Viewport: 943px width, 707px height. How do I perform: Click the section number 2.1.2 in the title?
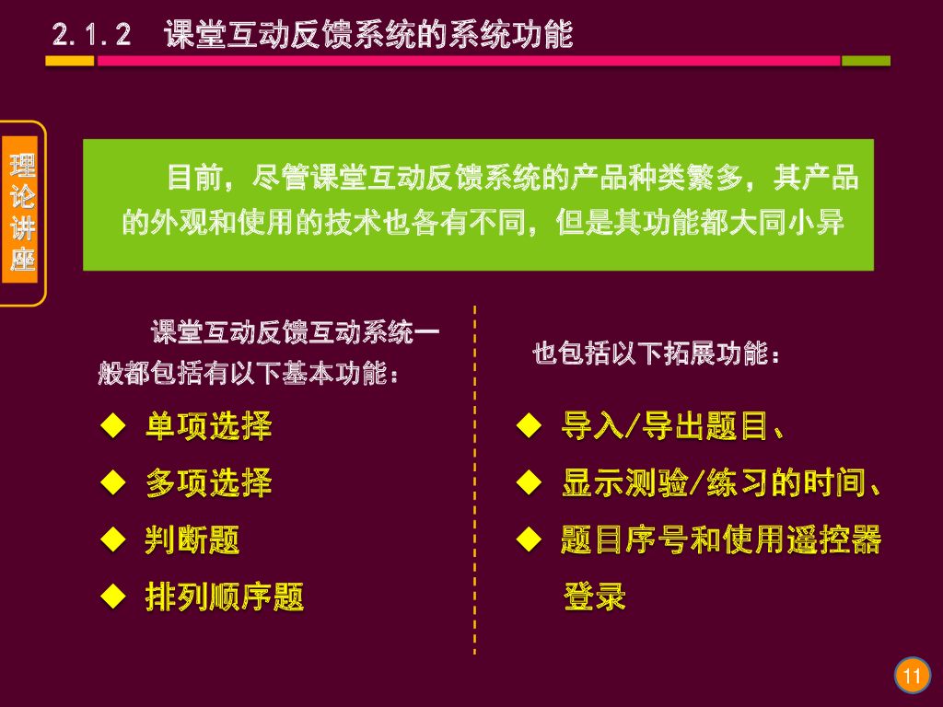(x=91, y=35)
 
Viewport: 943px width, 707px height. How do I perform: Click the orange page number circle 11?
(x=912, y=677)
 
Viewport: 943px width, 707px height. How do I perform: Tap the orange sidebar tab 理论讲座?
(x=22, y=214)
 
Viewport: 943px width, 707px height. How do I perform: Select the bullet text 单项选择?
(x=208, y=426)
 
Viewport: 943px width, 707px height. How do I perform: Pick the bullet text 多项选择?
(x=208, y=483)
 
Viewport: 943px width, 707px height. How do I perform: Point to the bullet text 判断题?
(x=192, y=540)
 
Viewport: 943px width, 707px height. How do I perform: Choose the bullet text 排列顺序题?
(x=225, y=597)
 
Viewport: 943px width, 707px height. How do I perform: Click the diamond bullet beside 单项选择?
(x=112, y=426)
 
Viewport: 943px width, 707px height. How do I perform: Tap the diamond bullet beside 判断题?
(x=112, y=540)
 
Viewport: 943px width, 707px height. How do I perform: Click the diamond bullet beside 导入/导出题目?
(x=528, y=426)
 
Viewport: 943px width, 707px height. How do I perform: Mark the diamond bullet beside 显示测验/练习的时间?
(x=528, y=482)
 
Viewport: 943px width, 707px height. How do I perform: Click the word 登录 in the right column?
(x=594, y=597)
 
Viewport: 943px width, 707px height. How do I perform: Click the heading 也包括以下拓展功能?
(x=657, y=353)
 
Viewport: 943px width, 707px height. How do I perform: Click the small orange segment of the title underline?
(x=70, y=61)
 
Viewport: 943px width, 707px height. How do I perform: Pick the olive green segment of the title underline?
(x=866, y=61)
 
